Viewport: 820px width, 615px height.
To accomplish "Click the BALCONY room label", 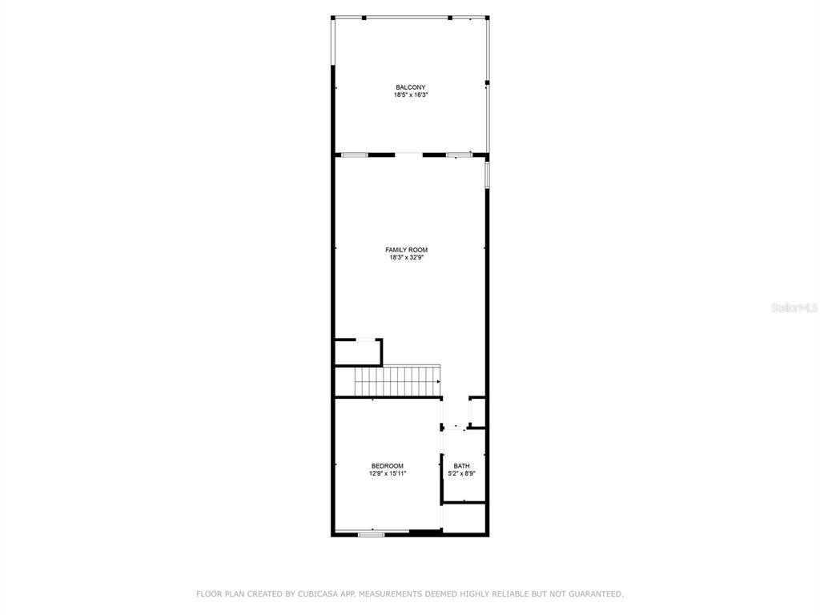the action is pyautogui.click(x=411, y=87).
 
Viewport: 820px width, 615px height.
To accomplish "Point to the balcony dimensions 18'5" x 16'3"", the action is pyautogui.click(x=411, y=95).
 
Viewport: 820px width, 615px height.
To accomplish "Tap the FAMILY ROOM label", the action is pyautogui.click(x=406, y=250).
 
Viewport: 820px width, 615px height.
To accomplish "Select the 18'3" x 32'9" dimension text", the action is pyautogui.click(x=406, y=258).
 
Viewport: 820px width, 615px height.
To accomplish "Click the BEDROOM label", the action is pyautogui.click(x=388, y=466).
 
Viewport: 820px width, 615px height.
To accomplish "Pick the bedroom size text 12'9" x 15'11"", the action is pyautogui.click(x=388, y=474).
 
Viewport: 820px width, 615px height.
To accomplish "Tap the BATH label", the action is pyautogui.click(x=462, y=466).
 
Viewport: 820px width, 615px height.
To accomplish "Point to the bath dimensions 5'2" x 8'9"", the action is pyautogui.click(x=462, y=474).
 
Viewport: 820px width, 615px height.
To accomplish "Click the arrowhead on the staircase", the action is pyautogui.click(x=438, y=382).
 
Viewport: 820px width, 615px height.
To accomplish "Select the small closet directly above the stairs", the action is pyautogui.click(x=358, y=353).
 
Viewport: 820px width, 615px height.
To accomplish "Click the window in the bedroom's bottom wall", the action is pyautogui.click(x=372, y=534).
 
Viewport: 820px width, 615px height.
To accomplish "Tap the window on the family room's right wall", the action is pyautogui.click(x=487, y=175).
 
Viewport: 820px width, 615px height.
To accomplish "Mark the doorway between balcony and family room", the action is pyautogui.click(x=408, y=154).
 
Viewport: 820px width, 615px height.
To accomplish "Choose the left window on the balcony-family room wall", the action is pyautogui.click(x=355, y=155).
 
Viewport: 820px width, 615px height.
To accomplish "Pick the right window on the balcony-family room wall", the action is pyautogui.click(x=459, y=155).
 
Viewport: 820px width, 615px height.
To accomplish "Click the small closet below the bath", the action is pyautogui.click(x=464, y=518).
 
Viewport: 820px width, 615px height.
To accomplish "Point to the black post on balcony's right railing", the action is pyautogui.click(x=487, y=82).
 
